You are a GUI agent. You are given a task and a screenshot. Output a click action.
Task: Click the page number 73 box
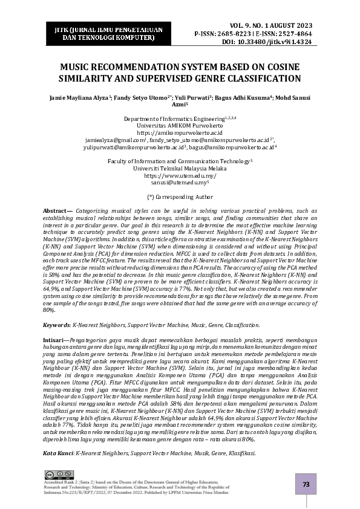click(x=306, y=484)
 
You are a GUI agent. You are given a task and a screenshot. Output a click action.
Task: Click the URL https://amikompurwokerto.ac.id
click(x=180, y=132)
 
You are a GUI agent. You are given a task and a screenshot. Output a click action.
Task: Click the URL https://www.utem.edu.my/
click(x=180, y=175)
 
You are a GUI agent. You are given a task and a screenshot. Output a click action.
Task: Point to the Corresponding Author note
click(x=180, y=196)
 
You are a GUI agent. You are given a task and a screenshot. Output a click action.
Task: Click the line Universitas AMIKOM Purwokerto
click(x=180, y=125)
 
